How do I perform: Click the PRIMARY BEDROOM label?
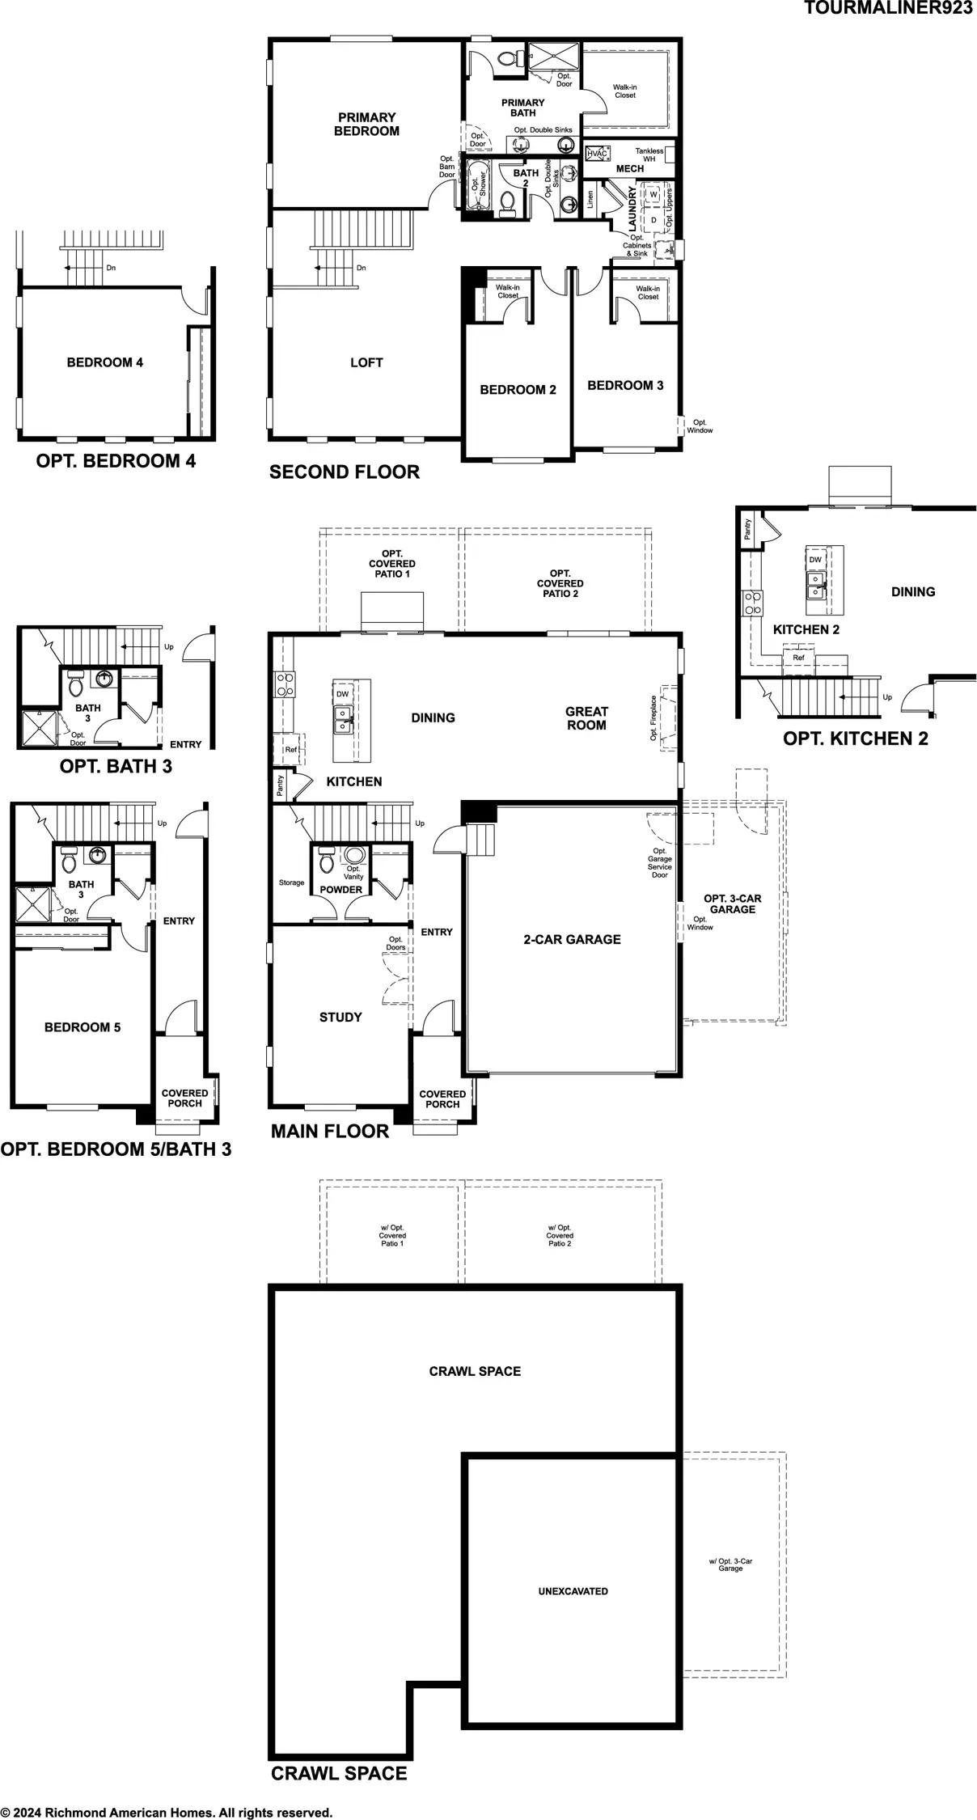tap(366, 124)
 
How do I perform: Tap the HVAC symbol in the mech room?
tap(597, 154)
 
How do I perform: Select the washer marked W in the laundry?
tap(653, 196)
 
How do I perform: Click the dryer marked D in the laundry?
tap(653, 219)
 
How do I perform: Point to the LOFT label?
tap(366, 362)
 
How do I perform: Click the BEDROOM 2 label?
tap(518, 390)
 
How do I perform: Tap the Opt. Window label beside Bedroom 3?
tap(700, 426)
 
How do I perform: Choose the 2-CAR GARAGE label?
tap(572, 939)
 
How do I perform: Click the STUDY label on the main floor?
tap(340, 1017)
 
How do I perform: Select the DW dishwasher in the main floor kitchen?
tap(342, 694)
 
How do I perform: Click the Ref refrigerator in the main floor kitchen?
tap(290, 750)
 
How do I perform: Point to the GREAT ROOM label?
tap(586, 718)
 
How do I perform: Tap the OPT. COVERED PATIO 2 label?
tap(560, 583)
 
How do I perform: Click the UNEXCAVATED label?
tap(573, 1591)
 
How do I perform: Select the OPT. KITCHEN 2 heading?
tap(855, 739)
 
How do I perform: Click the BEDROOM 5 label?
tap(82, 1027)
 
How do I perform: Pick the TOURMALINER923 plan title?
tap(888, 8)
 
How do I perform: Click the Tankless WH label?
tap(649, 154)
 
